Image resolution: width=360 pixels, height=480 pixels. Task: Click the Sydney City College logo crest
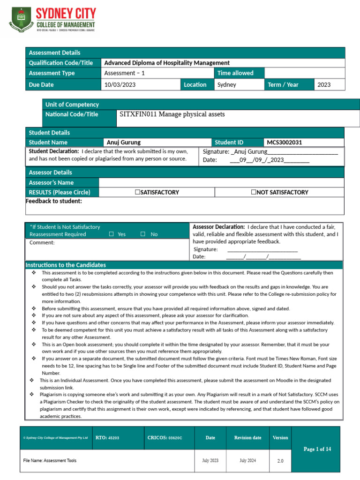(21, 19)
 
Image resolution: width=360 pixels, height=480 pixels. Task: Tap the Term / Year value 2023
(324, 85)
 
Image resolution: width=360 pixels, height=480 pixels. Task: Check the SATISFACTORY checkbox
(137, 192)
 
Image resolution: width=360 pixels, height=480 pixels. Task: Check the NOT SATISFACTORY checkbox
(254, 192)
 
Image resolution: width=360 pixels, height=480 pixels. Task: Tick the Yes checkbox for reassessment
(111, 234)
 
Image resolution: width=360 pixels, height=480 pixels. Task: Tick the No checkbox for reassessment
(143, 234)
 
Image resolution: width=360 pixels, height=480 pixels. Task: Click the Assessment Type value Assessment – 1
(124, 73)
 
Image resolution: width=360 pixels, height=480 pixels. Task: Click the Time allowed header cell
(235, 73)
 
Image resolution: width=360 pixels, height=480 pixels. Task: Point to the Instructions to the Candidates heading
(66, 265)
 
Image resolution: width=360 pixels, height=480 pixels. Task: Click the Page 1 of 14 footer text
(317, 449)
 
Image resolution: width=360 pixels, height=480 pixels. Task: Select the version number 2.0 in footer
(280, 461)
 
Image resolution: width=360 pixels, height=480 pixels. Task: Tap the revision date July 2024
(247, 461)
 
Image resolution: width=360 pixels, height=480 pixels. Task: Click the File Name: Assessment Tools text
(50, 461)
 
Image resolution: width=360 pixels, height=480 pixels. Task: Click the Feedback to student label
(53, 201)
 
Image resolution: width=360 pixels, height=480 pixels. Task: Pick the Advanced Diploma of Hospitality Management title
(167, 63)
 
